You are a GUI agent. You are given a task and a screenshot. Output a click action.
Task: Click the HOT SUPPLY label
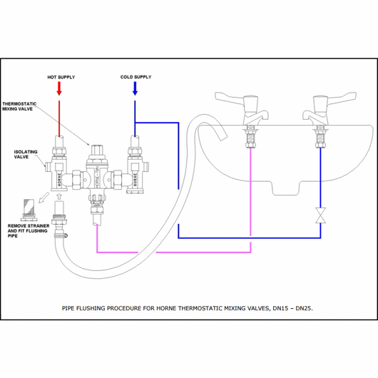[61, 77]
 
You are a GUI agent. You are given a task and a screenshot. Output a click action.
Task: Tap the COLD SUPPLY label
[136, 77]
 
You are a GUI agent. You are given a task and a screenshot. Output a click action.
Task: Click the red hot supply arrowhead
[59, 93]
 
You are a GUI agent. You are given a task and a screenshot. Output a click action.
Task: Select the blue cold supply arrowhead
[135, 93]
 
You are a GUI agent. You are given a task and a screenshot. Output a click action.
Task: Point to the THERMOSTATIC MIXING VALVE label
[19, 106]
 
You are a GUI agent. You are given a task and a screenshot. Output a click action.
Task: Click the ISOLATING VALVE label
[26, 154]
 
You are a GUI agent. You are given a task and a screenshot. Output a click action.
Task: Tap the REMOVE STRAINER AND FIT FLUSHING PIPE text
[29, 230]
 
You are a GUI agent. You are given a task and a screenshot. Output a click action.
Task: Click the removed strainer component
[29, 210]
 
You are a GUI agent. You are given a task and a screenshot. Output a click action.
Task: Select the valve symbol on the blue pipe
[321, 215]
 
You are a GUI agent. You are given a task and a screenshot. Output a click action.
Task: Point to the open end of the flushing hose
[223, 138]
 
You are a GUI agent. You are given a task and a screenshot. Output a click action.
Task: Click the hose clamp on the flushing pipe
[61, 235]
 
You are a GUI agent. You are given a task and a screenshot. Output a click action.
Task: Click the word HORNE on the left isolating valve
[59, 178]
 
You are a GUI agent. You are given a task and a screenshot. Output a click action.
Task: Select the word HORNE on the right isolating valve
[135, 179]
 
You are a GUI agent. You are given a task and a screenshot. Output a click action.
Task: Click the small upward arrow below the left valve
[59, 196]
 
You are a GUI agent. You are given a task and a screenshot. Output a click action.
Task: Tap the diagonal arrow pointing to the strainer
[44, 198]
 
